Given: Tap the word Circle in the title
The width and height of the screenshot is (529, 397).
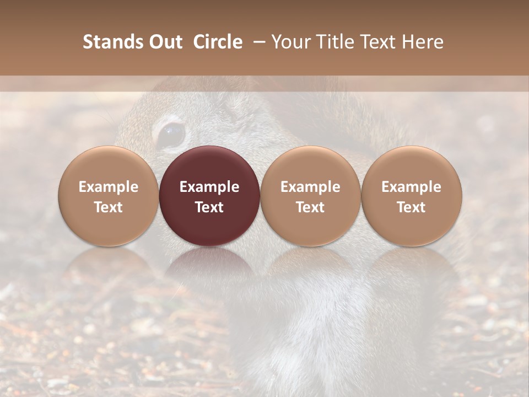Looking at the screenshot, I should click(x=218, y=42).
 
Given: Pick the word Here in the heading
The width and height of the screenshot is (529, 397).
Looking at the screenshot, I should click(x=422, y=42).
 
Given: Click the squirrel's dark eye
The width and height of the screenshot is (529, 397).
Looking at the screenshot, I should click(x=171, y=134).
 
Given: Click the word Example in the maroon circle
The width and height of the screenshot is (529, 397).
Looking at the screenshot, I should click(x=209, y=187).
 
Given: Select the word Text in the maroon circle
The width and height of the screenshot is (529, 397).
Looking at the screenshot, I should click(x=209, y=207).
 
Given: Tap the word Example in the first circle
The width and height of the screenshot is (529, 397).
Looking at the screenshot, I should click(x=108, y=187).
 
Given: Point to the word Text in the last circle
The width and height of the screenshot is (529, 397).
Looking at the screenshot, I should click(x=412, y=207).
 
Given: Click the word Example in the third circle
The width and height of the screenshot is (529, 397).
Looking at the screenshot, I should click(x=310, y=187).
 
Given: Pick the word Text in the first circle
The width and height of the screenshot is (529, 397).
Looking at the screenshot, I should click(x=108, y=207).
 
